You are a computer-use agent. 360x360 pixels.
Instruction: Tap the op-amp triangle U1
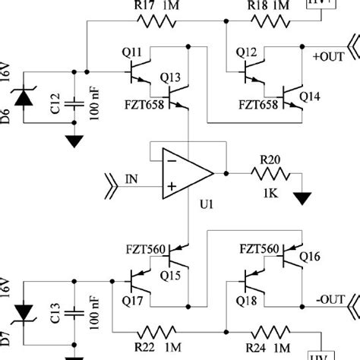point(186,173)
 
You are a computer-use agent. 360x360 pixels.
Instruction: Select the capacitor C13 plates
point(74,312)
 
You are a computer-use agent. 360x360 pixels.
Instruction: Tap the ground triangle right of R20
point(305,199)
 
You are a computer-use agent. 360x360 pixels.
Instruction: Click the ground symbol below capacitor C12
point(74,141)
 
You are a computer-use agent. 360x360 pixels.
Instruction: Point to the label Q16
point(311,256)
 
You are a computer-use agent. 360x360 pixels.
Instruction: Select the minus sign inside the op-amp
point(173,161)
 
